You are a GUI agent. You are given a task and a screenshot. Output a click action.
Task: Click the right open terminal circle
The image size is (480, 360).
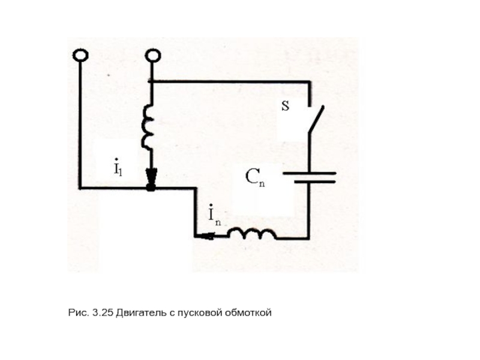152,55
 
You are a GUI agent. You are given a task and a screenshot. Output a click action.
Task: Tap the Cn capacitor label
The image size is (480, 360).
255,178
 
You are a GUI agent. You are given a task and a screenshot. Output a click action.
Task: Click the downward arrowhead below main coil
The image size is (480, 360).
151,178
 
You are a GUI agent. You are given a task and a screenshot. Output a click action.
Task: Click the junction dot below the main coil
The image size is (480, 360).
151,189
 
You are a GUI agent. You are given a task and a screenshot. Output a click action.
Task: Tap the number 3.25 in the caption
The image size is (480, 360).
103,313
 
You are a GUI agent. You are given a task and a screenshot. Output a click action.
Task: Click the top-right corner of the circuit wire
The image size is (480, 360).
310,82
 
